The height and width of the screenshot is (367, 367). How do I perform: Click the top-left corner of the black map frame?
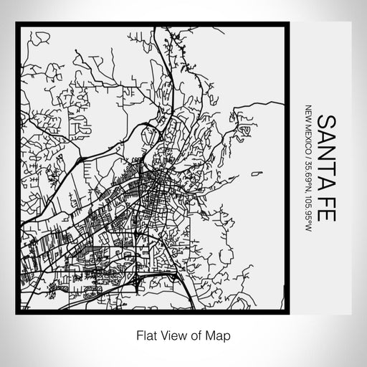click(x=17, y=24)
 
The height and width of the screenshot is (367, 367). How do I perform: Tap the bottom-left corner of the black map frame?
click(x=17, y=313)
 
